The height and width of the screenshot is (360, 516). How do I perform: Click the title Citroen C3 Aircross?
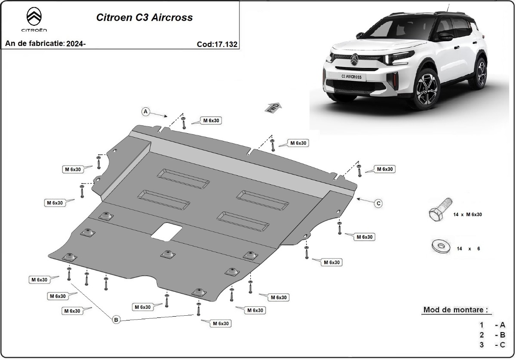[x=144, y=18]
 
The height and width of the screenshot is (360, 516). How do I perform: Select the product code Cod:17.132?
[x=217, y=44]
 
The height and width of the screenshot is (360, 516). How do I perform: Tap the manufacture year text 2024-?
[x=76, y=44]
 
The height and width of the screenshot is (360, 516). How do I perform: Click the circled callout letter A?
[x=146, y=112]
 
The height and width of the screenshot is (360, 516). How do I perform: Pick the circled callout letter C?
[x=378, y=204]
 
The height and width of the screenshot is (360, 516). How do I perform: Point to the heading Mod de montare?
[x=456, y=310]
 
